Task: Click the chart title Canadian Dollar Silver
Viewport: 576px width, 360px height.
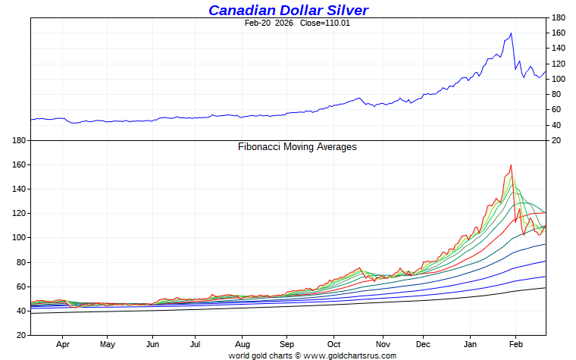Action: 288,10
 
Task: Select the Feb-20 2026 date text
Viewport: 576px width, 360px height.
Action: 268,23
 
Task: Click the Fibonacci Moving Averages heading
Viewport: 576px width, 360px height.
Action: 297,147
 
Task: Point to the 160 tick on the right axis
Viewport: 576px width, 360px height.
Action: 559,33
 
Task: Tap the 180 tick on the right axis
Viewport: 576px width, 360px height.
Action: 559,17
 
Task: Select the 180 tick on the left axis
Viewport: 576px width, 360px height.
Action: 20,140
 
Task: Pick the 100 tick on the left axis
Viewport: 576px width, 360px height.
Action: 20,237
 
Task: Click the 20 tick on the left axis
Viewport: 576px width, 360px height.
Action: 23,335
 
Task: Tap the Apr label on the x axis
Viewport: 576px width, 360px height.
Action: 63,343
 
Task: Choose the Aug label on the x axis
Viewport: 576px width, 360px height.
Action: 243,343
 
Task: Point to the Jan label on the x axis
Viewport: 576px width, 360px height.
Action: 471,343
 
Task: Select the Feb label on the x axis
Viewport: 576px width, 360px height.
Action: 516,343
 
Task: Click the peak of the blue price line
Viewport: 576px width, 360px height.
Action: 511,33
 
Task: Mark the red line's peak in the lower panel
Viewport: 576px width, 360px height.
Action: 511,165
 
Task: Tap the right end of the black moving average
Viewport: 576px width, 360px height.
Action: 545,288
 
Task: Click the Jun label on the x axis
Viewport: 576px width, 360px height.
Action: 153,343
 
